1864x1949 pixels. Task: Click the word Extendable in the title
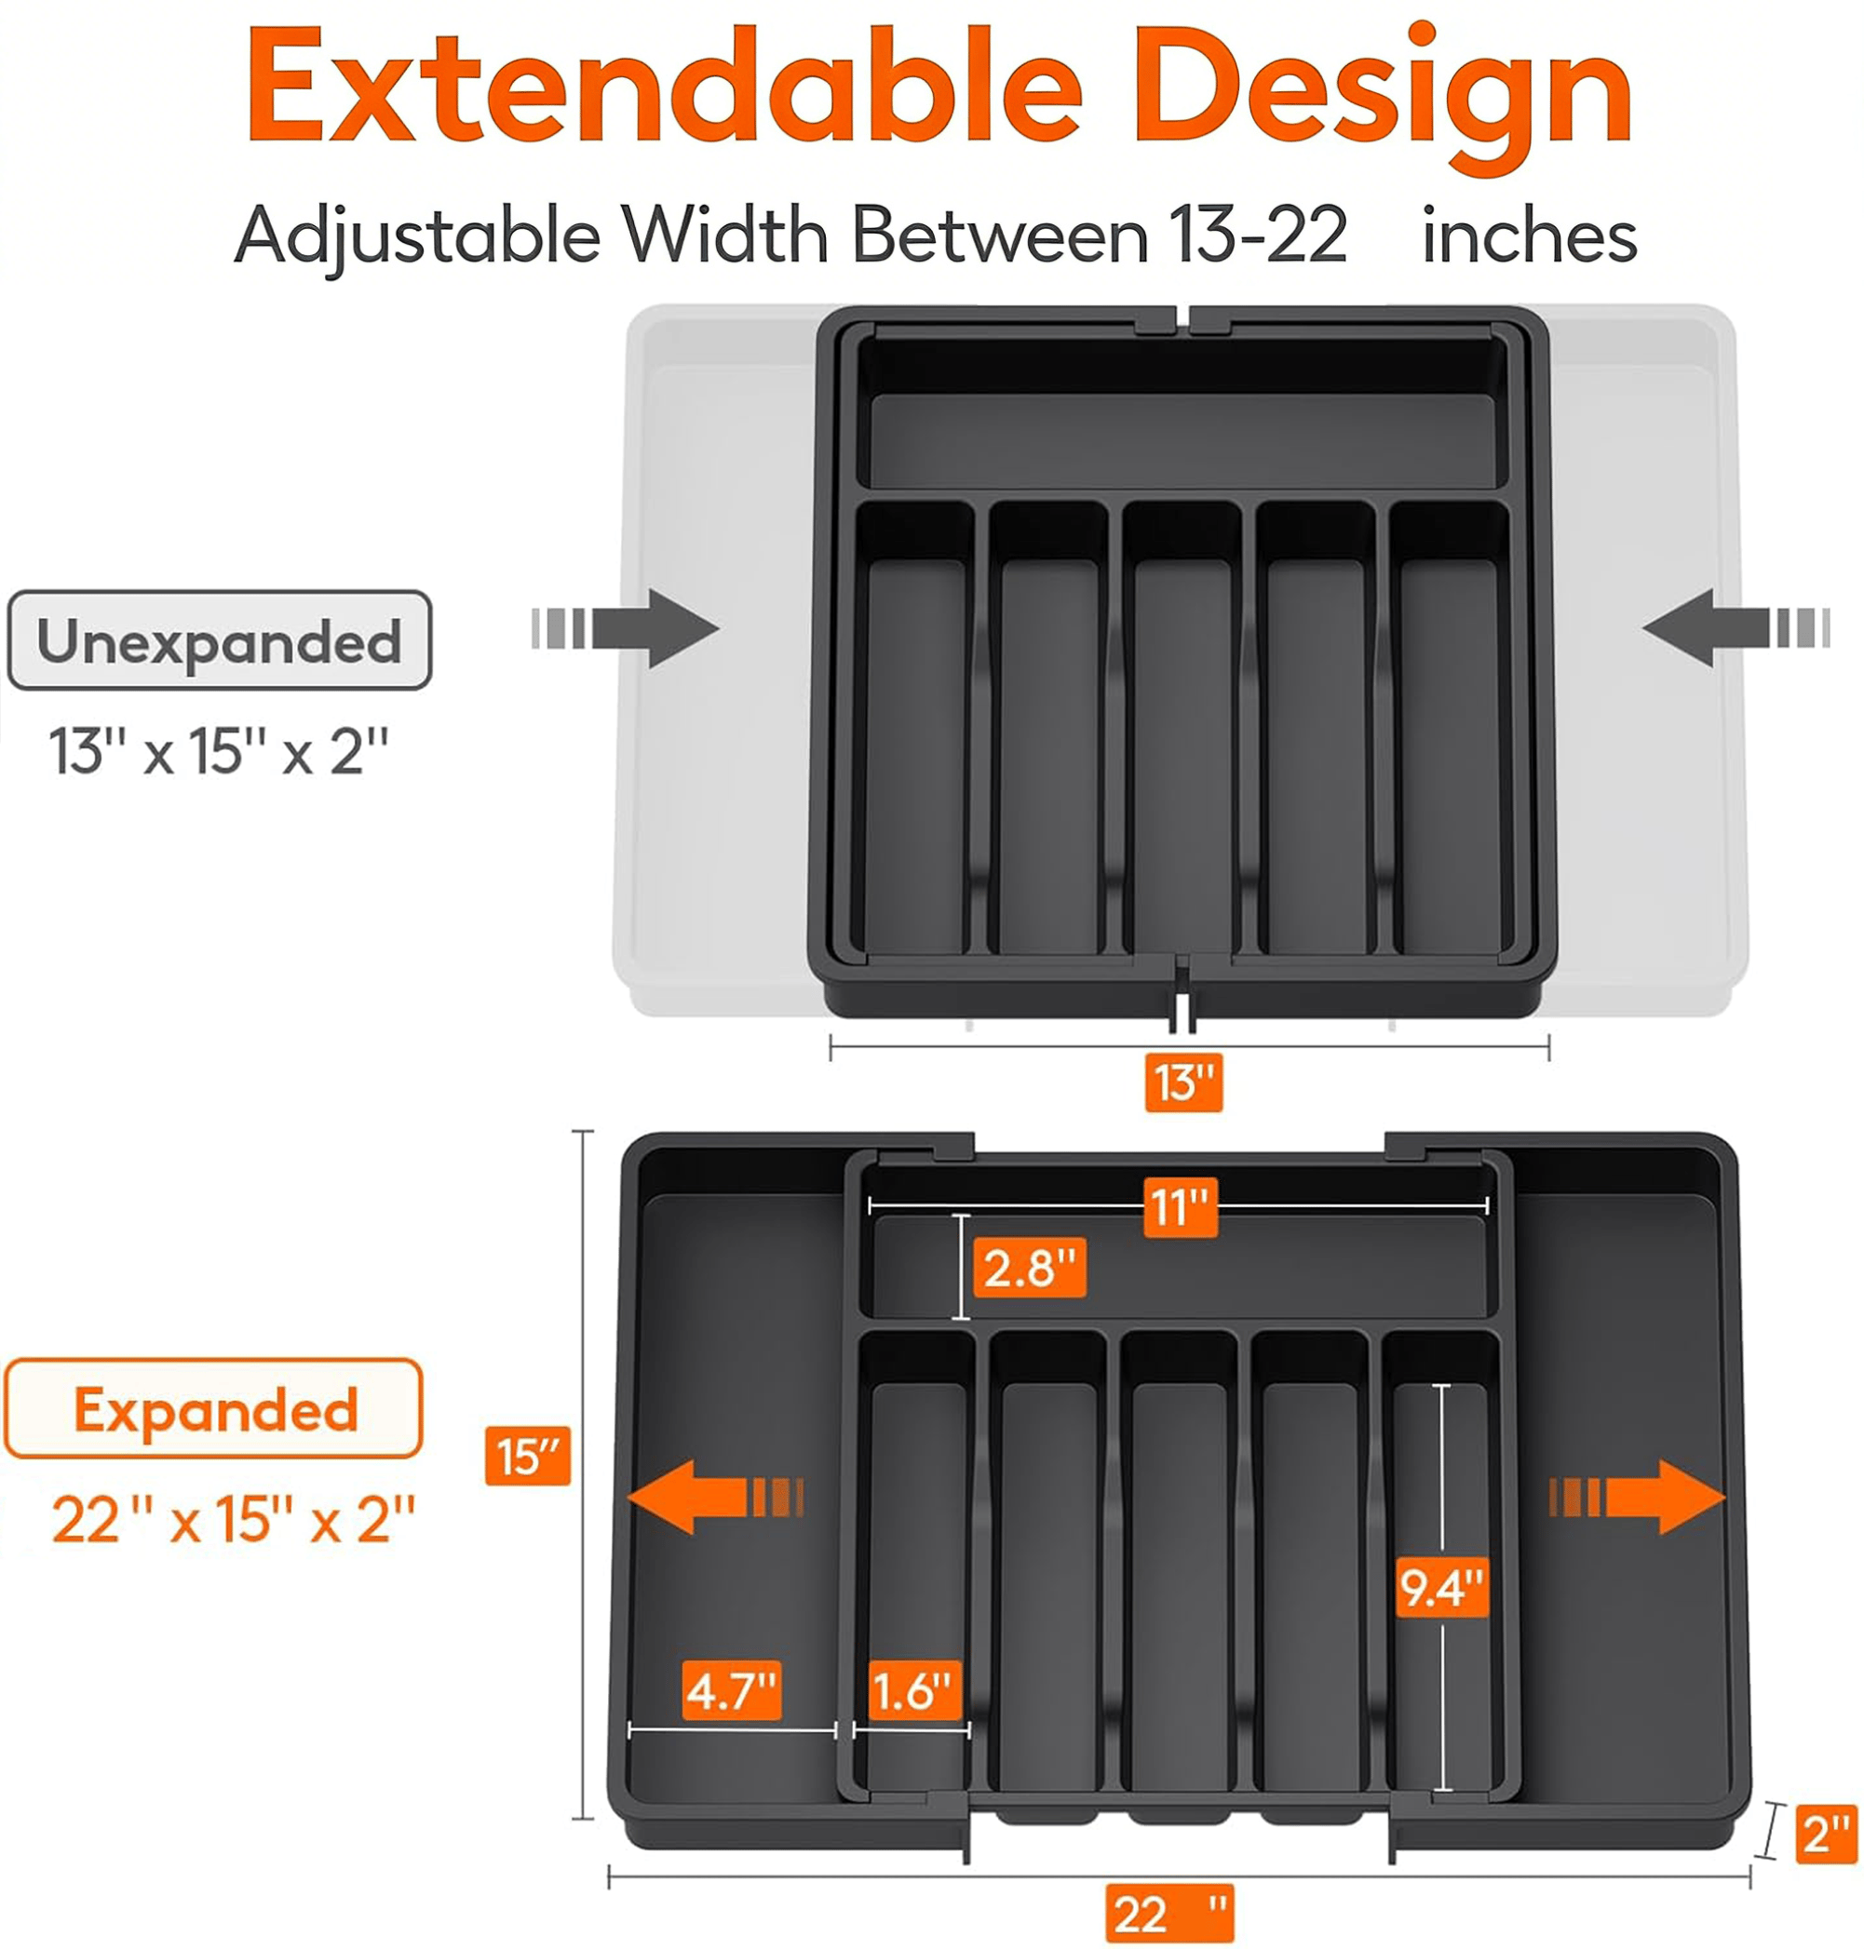tap(664, 87)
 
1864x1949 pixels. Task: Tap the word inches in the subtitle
tap(1529, 236)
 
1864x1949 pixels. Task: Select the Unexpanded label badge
tap(220, 640)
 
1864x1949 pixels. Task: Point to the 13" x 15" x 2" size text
tap(218, 751)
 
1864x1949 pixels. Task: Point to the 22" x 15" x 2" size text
tap(234, 1519)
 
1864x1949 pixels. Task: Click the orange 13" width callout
tap(1183, 1082)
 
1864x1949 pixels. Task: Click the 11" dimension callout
tap(1181, 1208)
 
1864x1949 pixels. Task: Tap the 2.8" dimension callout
tap(1030, 1268)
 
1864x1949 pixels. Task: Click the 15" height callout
tap(528, 1457)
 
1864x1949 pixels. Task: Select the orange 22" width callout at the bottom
tap(1169, 1914)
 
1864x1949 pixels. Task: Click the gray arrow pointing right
tap(625, 628)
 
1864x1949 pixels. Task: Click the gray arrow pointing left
tap(1736, 628)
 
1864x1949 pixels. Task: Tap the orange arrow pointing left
tap(714, 1497)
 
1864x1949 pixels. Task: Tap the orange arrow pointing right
tap(1638, 1497)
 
